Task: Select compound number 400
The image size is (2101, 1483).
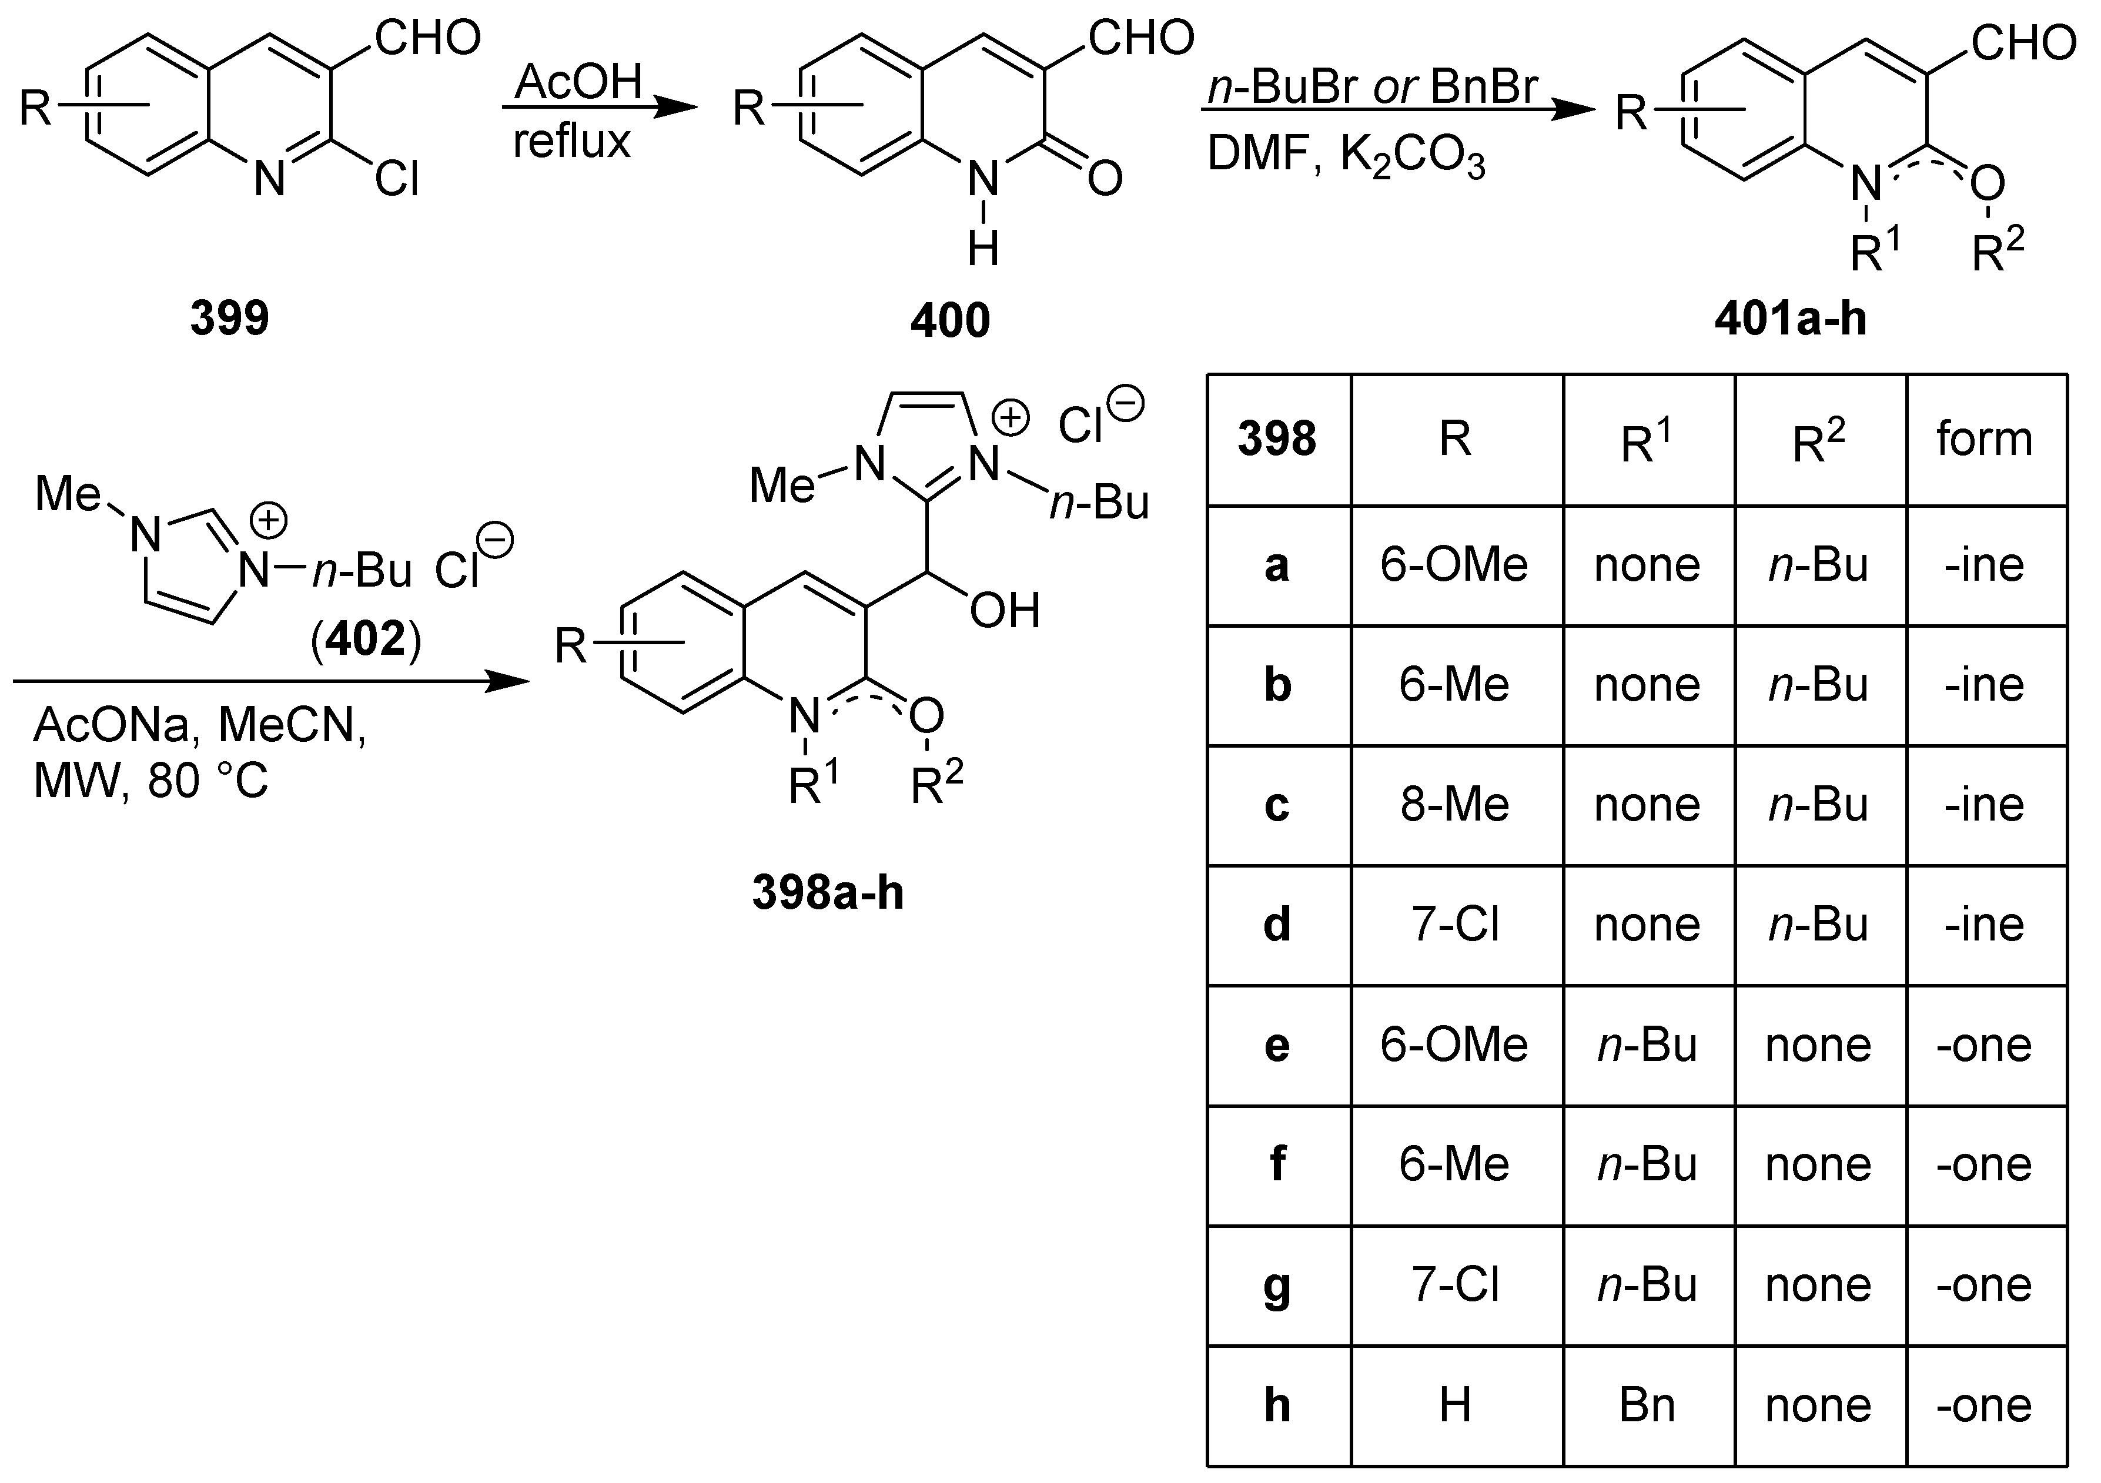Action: point(950,320)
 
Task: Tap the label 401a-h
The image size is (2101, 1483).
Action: point(1790,319)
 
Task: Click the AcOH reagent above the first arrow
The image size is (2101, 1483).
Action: point(578,82)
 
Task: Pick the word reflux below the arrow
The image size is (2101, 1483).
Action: point(572,141)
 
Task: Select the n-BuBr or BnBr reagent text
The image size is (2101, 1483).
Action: point(1373,87)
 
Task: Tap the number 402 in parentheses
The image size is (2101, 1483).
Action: point(366,638)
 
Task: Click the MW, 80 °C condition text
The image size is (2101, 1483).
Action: point(151,781)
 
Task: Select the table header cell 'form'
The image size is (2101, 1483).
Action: point(1984,438)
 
